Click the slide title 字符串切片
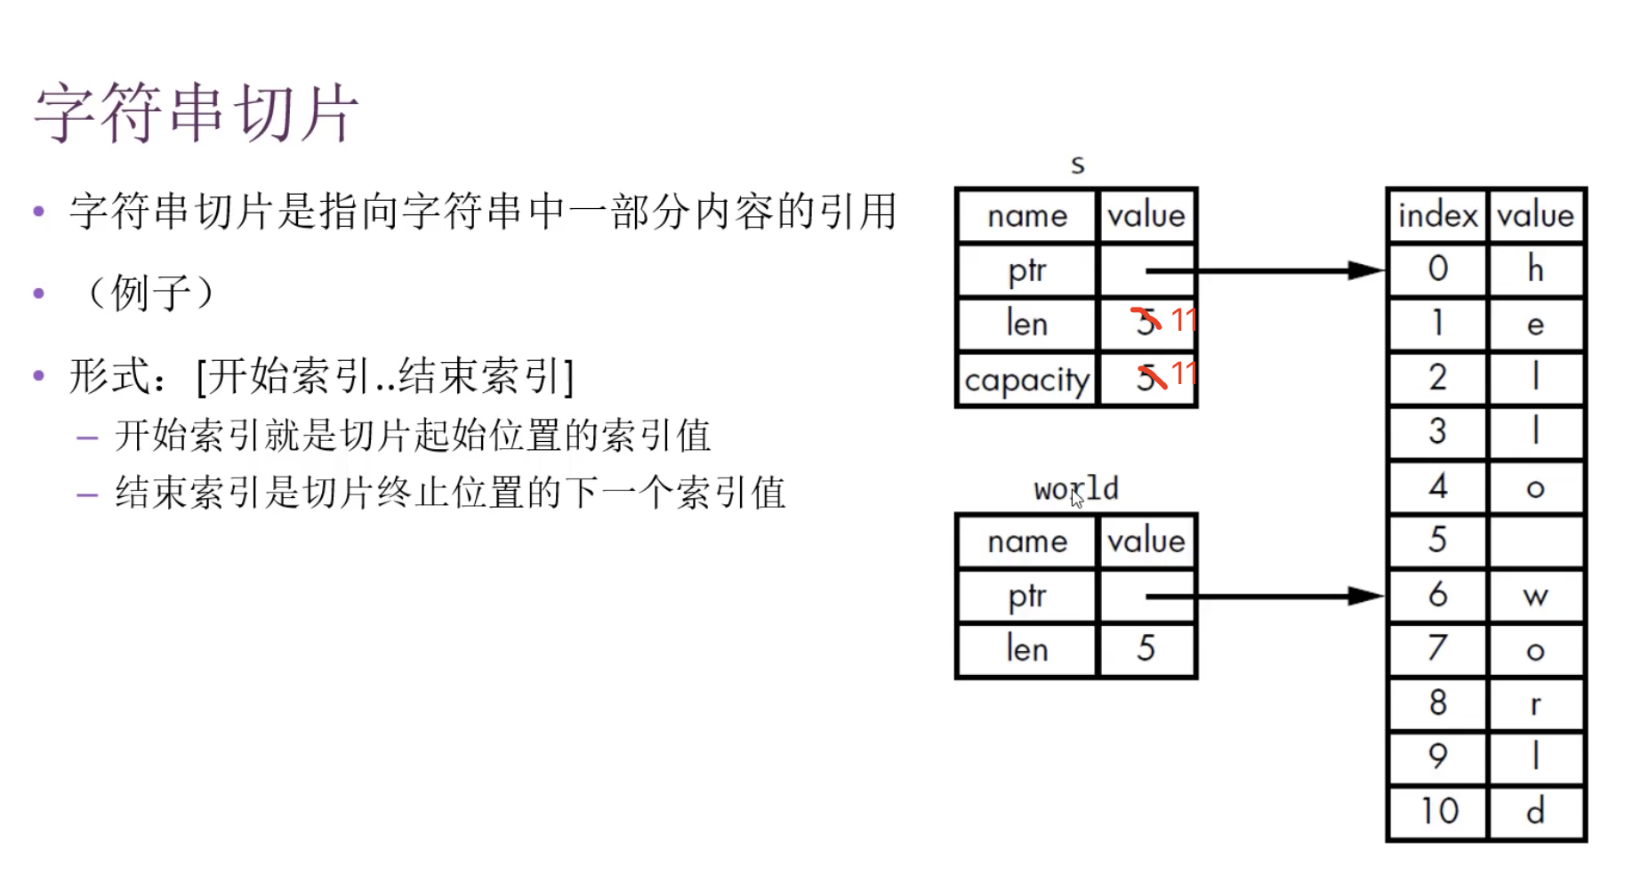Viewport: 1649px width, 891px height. click(197, 113)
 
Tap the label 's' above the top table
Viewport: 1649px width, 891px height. click(1077, 165)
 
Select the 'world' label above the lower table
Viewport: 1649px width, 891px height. click(1075, 488)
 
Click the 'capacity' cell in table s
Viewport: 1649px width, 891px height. click(1026, 380)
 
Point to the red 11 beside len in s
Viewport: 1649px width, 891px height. click(1183, 319)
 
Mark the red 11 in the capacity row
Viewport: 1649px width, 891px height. click(1183, 373)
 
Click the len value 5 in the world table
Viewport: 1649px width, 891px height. click(1146, 648)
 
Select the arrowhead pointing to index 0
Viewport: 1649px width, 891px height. click(1365, 270)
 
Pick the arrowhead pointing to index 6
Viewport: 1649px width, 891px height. click(1365, 596)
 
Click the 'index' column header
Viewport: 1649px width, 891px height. click(1437, 216)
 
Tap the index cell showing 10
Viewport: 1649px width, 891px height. click(1438, 811)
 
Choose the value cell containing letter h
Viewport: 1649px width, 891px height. click(1535, 269)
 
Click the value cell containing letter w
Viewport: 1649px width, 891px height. click(1535, 596)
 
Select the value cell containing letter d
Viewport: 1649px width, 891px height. click(1535, 811)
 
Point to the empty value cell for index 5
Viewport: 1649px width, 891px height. click(1535, 541)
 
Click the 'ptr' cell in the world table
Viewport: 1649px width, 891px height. click(1026, 596)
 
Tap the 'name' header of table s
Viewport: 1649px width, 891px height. click(1026, 216)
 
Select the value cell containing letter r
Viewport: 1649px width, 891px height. click(1535, 704)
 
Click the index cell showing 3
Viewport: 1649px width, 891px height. click(1438, 432)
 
